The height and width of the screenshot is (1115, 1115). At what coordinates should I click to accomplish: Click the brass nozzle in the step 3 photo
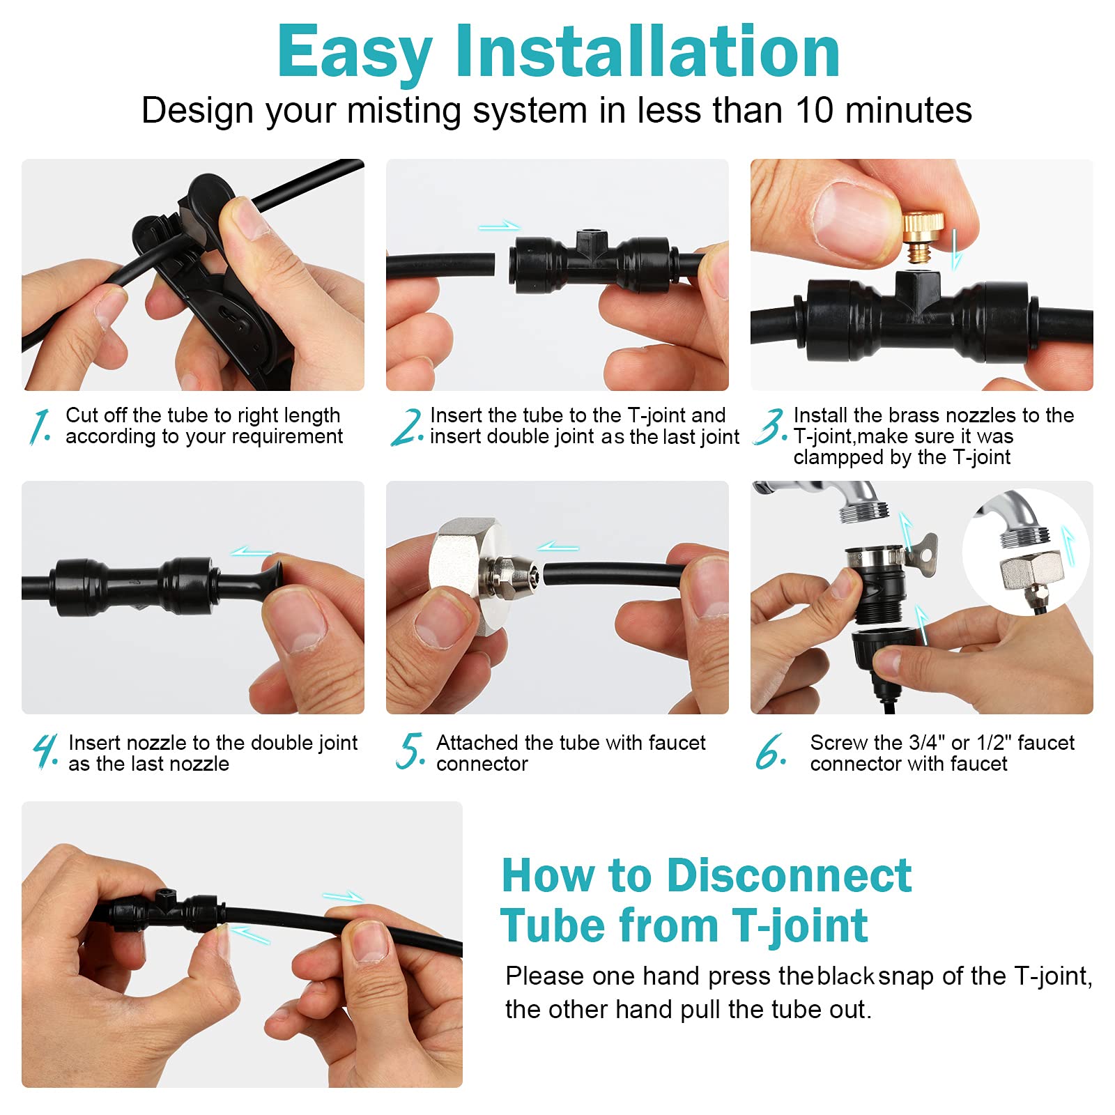(x=923, y=237)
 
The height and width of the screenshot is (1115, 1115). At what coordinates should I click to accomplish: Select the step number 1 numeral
(x=40, y=426)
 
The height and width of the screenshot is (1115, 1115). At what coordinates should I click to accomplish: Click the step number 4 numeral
(x=46, y=751)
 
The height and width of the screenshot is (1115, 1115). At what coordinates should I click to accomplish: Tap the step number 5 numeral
(x=411, y=751)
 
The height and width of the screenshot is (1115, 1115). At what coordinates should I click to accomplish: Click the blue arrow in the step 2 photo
(x=500, y=226)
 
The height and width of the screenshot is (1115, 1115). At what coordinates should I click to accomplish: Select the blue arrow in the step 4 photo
(x=252, y=552)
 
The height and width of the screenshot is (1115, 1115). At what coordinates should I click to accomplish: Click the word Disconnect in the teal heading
(x=789, y=875)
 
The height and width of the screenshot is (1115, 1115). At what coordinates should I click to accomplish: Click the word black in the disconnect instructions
(x=845, y=976)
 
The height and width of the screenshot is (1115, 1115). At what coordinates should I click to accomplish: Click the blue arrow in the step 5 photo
(x=558, y=547)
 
